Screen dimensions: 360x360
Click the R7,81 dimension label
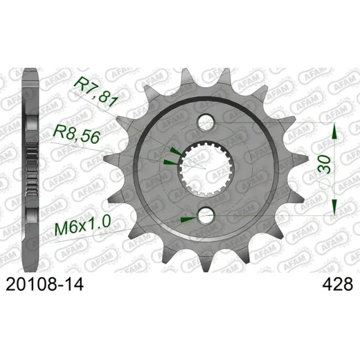(96, 92)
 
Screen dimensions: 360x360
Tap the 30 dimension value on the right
(324, 164)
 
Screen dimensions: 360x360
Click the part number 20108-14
(44, 285)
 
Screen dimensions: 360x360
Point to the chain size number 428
(338, 285)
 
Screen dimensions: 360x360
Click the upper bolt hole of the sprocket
(206, 123)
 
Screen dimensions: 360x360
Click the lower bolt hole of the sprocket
(206, 215)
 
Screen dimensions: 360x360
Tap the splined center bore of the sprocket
(206, 168)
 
